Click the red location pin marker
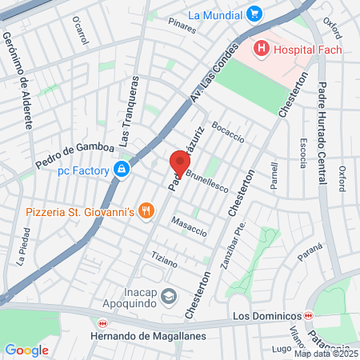pyautogui.click(x=175, y=163)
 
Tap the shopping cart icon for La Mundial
pyautogui.click(x=254, y=14)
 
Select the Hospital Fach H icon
pyautogui.click(x=261, y=50)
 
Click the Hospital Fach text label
pyautogui.click(x=307, y=50)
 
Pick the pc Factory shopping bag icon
pyautogui.click(x=121, y=170)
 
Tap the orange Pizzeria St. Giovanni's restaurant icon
pyautogui.click(x=145, y=211)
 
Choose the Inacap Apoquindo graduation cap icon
pyautogui.click(x=169, y=297)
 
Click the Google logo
pyautogui.click(x=26, y=350)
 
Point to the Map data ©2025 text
pyautogui.click(x=326, y=354)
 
